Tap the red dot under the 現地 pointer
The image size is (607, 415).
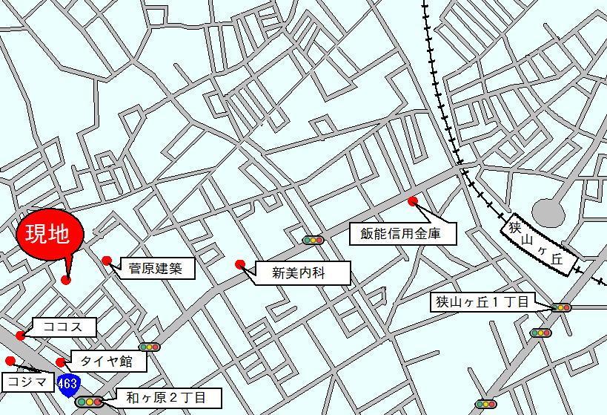click(66, 280)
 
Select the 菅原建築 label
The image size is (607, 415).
click(156, 267)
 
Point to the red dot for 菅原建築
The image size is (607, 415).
click(107, 261)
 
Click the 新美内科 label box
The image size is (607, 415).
click(301, 273)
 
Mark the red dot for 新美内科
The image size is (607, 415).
click(239, 264)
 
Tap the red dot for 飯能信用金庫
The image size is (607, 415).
click(413, 201)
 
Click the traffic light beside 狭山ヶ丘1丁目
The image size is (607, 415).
click(561, 307)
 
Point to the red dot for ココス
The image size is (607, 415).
click(20, 336)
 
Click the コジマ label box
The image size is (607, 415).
click(27, 382)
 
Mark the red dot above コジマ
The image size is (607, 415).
click(10, 361)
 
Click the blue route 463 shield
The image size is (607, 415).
click(67, 385)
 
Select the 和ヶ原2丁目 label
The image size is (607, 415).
click(169, 397)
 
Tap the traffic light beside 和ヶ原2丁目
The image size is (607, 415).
click(89, 402)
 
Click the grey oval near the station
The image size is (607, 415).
click(548, 212)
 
